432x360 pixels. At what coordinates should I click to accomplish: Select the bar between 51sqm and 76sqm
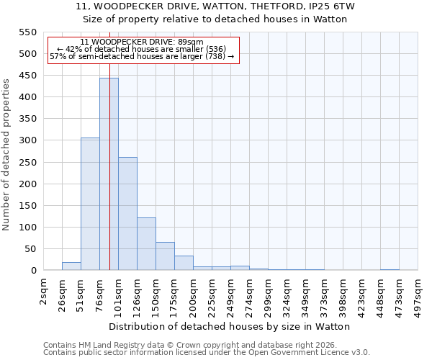(90, 204)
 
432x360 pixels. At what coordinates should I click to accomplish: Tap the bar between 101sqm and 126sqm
(127, 214)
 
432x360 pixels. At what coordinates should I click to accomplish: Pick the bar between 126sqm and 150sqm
(146, 244)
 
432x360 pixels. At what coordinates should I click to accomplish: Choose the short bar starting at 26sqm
(71, 266)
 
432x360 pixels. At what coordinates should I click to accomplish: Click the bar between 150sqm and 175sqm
(165, 256)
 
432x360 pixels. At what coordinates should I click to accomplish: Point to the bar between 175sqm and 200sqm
(184, 263)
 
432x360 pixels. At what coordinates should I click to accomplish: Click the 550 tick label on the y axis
(27, 32)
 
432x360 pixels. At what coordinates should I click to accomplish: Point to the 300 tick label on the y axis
(27, 140)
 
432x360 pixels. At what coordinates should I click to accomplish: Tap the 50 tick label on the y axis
(30, 249)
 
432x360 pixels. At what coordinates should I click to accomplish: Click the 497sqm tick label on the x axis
(418, 294)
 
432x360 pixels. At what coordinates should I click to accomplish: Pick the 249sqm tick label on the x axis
(231, 294)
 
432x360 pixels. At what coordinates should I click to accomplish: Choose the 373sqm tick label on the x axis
(325, 294)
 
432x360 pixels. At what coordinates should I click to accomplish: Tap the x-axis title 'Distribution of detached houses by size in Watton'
(230, 326)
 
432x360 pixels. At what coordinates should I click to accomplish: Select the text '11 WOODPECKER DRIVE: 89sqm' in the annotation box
(142, 42)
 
